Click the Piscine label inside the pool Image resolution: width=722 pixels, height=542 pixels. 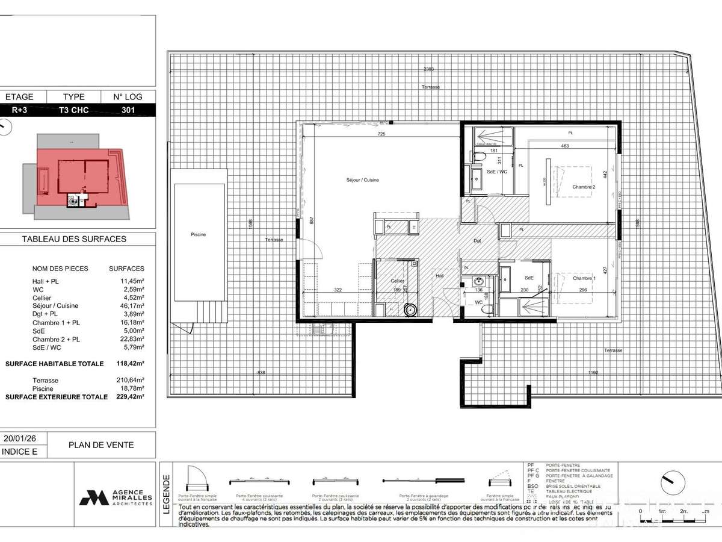point(198,234)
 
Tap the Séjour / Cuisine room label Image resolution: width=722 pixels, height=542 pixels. point(362,180)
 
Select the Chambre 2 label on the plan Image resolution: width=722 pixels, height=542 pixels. point(583,187)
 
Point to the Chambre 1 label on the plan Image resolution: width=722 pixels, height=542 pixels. point(583,278)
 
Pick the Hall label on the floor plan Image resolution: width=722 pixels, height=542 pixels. point(440,276)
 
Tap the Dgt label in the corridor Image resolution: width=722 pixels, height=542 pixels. point(477,241)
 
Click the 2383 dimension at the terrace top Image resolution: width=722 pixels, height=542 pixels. point(428,69)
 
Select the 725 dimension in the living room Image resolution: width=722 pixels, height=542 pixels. point(381,134)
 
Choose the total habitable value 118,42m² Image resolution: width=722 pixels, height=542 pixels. point(130,364)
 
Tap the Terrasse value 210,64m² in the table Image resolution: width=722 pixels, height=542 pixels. point(130,381)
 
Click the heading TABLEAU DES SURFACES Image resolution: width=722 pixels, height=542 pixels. point(74,239)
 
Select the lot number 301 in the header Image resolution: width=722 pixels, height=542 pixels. point(128,110)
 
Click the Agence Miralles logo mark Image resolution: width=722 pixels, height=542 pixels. point(93,497)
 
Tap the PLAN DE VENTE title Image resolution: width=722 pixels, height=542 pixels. point(101,445)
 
